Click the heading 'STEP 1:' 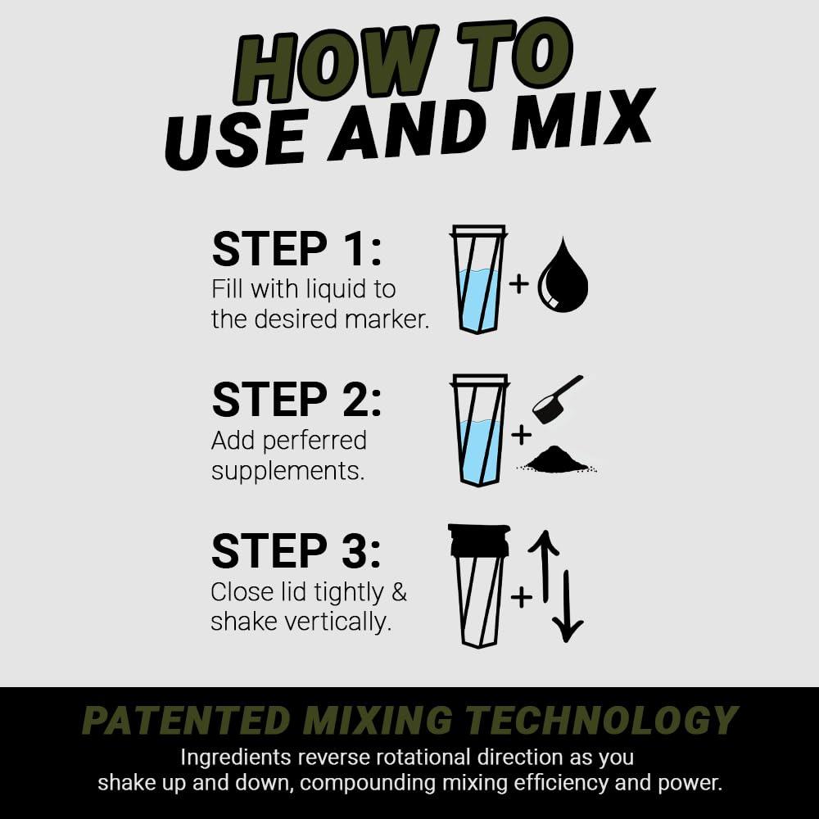[296, 249]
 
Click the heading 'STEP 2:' [296, 400]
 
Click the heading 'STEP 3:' [296, 551]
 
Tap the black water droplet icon [563, 278]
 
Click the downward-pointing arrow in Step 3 [567, 606]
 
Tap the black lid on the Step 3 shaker [479, 540]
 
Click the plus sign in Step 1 [519, 284]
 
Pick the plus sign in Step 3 [521, 597]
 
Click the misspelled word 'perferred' [314, 441]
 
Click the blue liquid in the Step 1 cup [478, 299]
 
